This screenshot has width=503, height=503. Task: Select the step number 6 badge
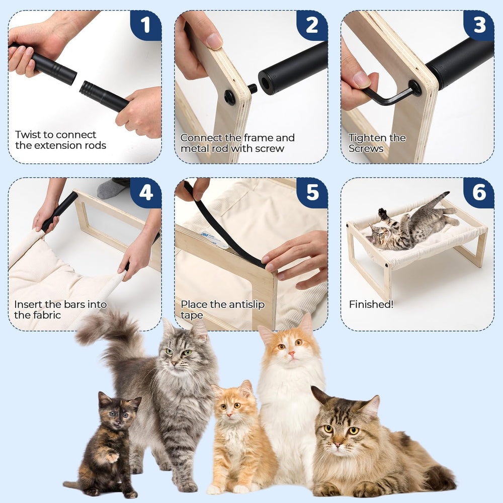(x=479, y=193)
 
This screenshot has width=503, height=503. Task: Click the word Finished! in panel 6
(x=371, y=305)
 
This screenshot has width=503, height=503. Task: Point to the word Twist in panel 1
(x=27, y=135)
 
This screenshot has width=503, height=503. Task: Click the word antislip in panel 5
(x=245, y=305)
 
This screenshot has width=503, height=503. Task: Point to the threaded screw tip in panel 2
(x=253, y=89)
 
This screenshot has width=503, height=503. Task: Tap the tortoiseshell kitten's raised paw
(x=112, y=457)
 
